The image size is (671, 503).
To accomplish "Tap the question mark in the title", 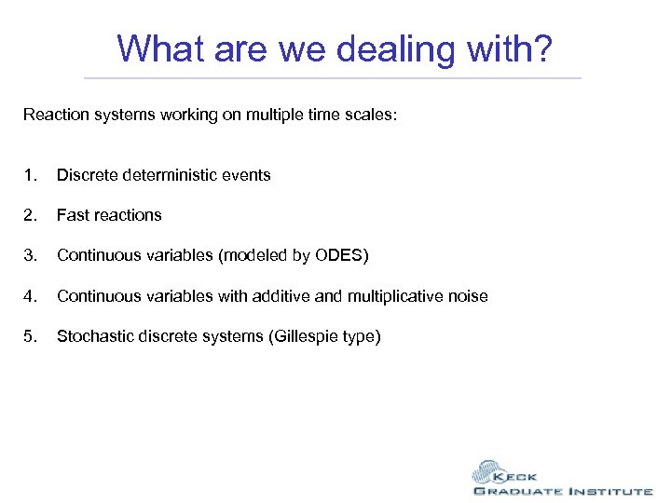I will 544,48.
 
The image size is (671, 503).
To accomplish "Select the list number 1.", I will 31,175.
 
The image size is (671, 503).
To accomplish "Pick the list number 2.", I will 31,215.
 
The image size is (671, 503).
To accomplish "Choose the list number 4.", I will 31,296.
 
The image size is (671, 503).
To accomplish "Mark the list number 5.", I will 31,336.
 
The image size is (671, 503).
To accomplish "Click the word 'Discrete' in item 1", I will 85,175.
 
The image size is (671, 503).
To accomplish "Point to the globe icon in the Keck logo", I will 490,471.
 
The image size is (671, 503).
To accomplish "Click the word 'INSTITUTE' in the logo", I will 606,491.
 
